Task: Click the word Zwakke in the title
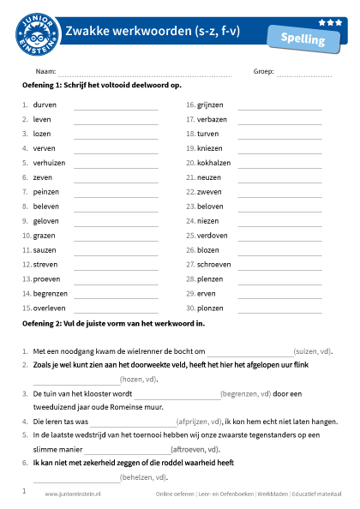(x=87, y=33)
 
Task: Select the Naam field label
(x=45, y=72)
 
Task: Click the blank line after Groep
(x=303, y=74)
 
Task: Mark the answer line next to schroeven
(x=279, y=266)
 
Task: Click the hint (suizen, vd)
(x=313, y=351)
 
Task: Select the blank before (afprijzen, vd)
(x=132, y=422)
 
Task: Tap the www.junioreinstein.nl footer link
(x=73, y=494)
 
